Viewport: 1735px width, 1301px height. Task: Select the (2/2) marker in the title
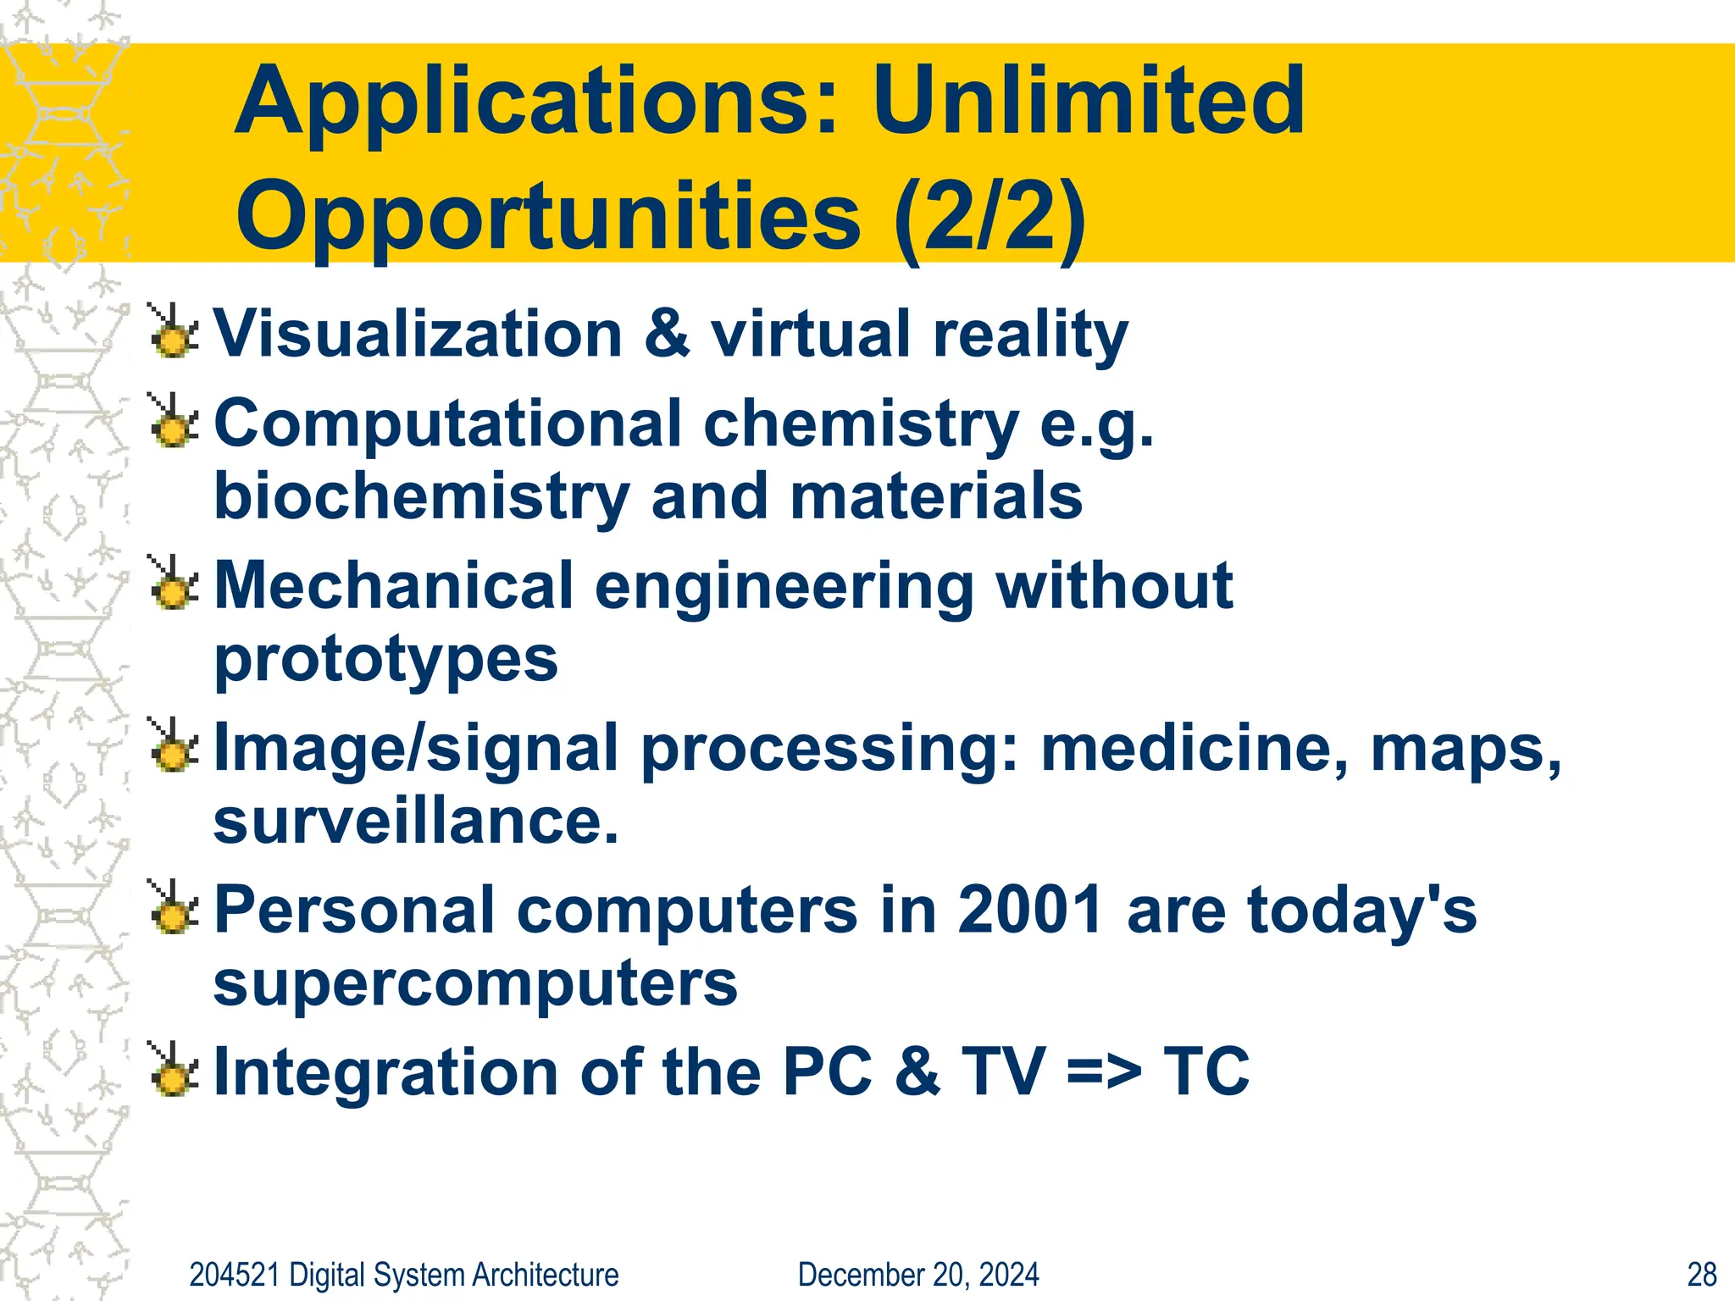(x=989, y=219)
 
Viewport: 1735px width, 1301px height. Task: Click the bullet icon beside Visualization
(x=174, y=332)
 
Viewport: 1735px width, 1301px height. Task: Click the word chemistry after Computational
(x=861, y=424)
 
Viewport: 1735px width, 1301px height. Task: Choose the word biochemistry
(x=421, y=497)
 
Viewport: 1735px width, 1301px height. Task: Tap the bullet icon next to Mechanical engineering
(x=174, y=584)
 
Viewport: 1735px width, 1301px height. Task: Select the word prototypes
(x=385, y=660)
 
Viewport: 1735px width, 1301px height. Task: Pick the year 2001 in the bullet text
(x=1030, y=911)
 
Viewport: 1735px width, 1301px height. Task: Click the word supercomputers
(x=475, y=984)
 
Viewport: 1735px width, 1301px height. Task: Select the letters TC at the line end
(x=1206, y=1072)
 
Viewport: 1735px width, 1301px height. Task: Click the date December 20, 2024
(x=918, y=1275)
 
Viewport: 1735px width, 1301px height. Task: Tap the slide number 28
(x=1701, y=1275)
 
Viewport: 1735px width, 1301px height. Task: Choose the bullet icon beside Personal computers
(x=174, y=909)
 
